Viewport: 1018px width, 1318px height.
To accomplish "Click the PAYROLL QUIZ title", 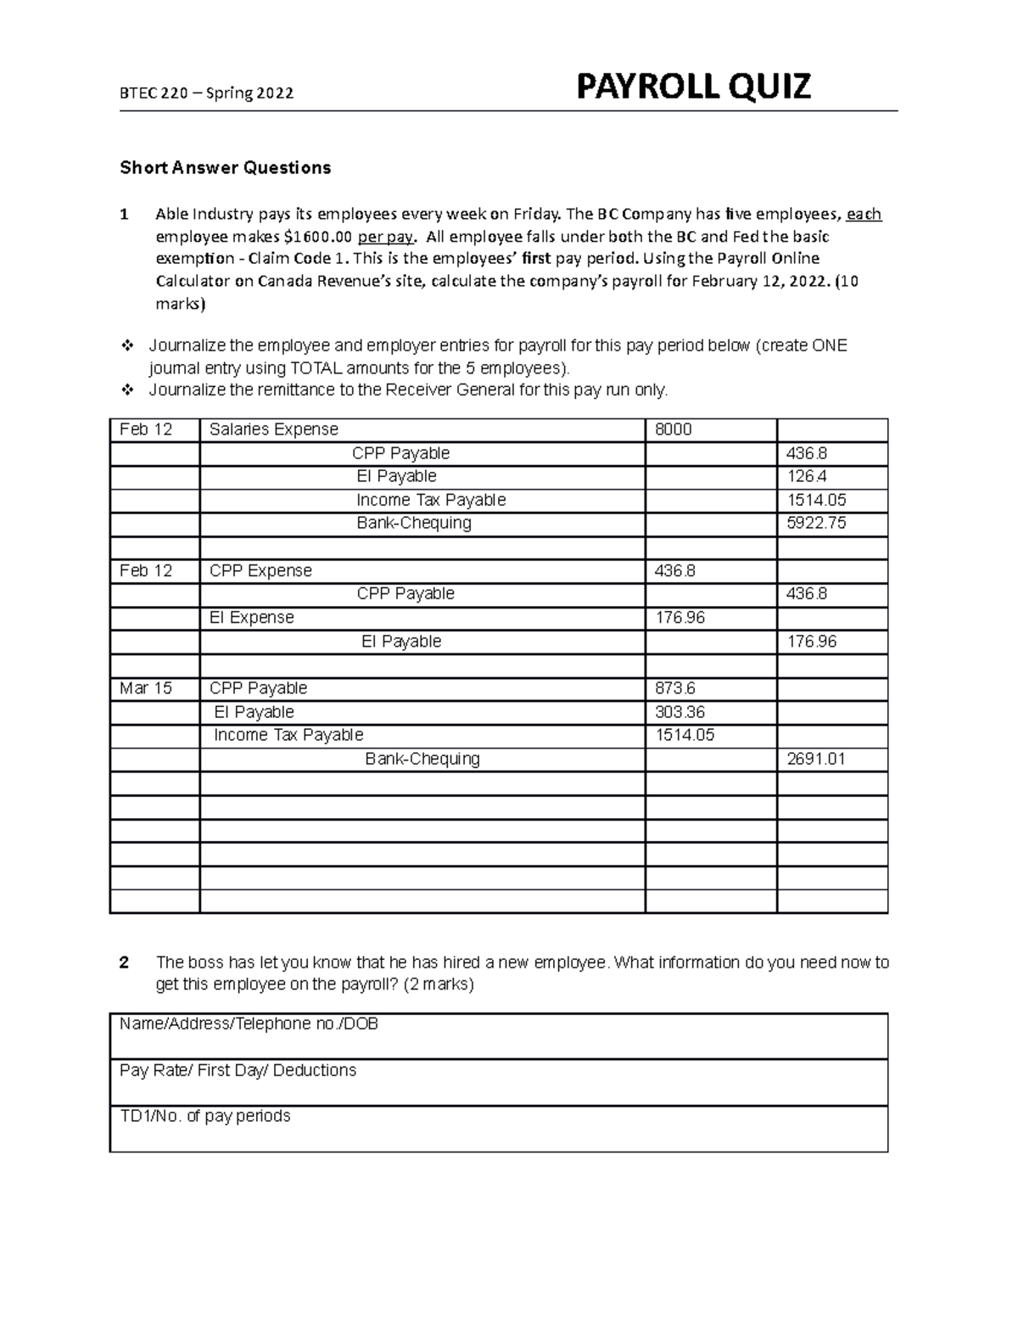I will pos(693,87).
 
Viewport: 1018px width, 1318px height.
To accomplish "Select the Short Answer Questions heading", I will pos(225,167).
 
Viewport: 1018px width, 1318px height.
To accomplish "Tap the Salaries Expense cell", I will pos(274,429).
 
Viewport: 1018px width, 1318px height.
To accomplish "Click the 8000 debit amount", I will pos(674,429).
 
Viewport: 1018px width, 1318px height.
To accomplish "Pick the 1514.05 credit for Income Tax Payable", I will pos(816,500).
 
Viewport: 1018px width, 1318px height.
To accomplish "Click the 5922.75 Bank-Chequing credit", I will pos(816,523).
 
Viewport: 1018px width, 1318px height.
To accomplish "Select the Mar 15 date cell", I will pos(146,688).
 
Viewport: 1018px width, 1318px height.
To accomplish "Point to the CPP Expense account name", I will pos(260,570).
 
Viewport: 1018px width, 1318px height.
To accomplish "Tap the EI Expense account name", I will pos(252,618).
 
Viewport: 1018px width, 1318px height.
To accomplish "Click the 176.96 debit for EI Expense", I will pos(680,618).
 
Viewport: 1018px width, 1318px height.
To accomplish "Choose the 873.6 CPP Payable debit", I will pos(676,688).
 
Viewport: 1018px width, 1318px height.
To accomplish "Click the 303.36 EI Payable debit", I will pos(680,712).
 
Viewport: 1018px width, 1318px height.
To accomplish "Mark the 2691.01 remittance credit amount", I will pos(816,759).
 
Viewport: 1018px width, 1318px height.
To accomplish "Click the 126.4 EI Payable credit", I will pos(807,476).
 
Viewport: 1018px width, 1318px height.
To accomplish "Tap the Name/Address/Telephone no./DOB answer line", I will pos(249,1024).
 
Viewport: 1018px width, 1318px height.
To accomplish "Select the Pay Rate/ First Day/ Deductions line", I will pos(238,1070).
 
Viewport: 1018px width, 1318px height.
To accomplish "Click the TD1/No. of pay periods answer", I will pos(205,1116).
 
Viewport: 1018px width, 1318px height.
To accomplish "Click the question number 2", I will pos(125,962).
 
